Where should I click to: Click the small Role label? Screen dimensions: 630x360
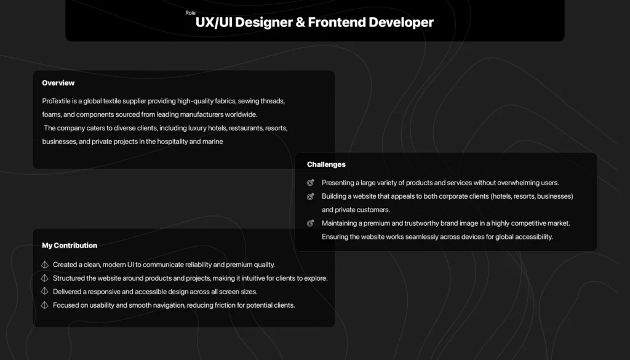click(191, 13)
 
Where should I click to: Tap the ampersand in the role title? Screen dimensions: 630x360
click(300, 22)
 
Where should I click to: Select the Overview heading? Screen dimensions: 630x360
click(58, 82)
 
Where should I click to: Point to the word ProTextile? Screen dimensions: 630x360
click(56, 101)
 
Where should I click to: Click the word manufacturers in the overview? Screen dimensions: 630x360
click(201, 114)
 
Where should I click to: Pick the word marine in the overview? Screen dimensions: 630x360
click(213, 142)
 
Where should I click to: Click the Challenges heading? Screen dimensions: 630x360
click(326, 164)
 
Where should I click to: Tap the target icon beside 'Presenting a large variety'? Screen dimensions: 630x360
click(310, 183)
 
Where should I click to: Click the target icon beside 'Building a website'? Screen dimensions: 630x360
click(310, 196)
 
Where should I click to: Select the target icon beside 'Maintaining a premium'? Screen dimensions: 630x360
click(310, 223)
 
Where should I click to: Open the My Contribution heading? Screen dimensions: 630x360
click(70, 246)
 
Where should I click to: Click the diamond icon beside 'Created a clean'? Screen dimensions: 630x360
click(44, 265)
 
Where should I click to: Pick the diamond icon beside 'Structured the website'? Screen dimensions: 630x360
click(44, 278)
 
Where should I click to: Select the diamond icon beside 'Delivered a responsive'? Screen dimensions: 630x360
click(44, 291)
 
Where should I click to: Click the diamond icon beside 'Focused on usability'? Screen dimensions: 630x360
click(44, 305)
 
